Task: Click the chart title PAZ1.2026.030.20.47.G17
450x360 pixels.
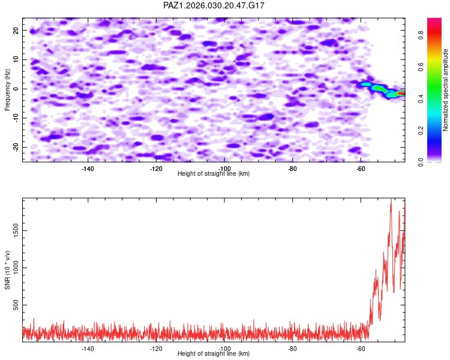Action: [214, 5]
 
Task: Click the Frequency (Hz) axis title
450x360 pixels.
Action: [7, 89]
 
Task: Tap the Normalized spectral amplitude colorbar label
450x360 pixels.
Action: [446, 90]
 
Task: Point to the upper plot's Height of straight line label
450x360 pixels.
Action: [214, 174]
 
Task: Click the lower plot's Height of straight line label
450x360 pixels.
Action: [214, 354]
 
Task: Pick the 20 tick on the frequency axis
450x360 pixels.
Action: [16, 31]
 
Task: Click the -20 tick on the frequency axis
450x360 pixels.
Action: [15, 148]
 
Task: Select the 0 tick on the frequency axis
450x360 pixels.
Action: [18, 89]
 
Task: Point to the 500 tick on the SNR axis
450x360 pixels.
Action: [14, 306]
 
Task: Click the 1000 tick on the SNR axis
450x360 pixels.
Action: [13, 268]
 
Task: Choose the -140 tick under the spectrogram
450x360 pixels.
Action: [88, 169]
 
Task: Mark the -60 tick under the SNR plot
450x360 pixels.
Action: [361, 349]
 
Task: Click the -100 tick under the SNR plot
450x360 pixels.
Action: [224, 349]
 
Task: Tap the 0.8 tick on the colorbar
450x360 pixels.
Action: [421, 35]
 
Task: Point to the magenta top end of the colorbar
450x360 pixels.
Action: [434, 20]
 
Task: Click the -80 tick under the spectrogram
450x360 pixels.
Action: [293, 169]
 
